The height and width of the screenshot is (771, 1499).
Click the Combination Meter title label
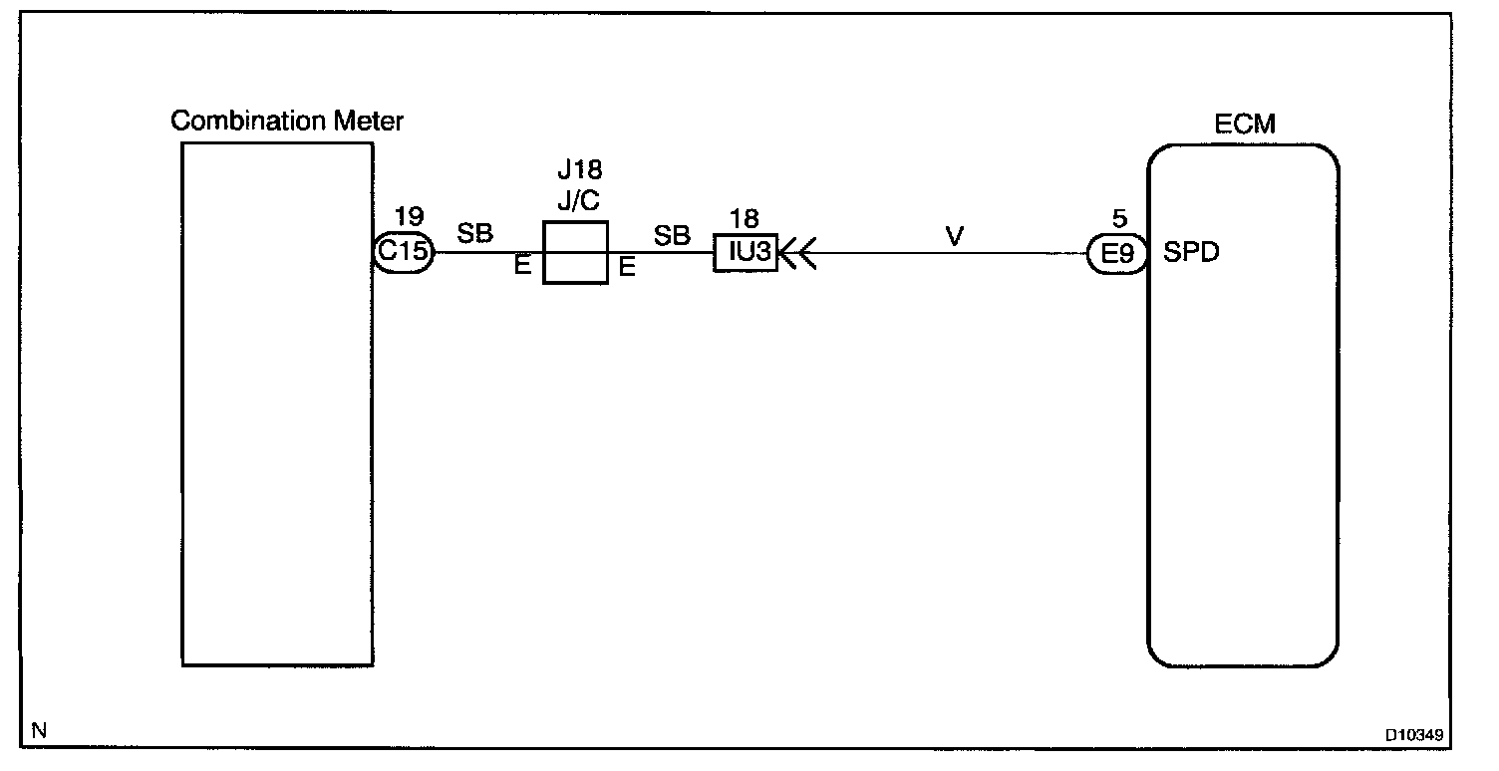287,122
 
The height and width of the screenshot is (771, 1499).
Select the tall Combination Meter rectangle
277,402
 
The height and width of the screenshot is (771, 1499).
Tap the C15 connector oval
403,252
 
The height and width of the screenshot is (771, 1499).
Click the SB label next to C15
475,235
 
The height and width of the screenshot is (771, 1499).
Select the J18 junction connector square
575,252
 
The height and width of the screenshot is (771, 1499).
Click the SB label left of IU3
672,235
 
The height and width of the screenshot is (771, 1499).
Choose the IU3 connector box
745,253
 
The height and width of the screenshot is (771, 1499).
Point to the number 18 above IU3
744,219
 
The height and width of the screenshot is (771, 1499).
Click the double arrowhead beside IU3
796,253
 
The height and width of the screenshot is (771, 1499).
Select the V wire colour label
955,236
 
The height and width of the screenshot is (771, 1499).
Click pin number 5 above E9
1119,218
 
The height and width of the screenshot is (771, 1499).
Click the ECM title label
1244,125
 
